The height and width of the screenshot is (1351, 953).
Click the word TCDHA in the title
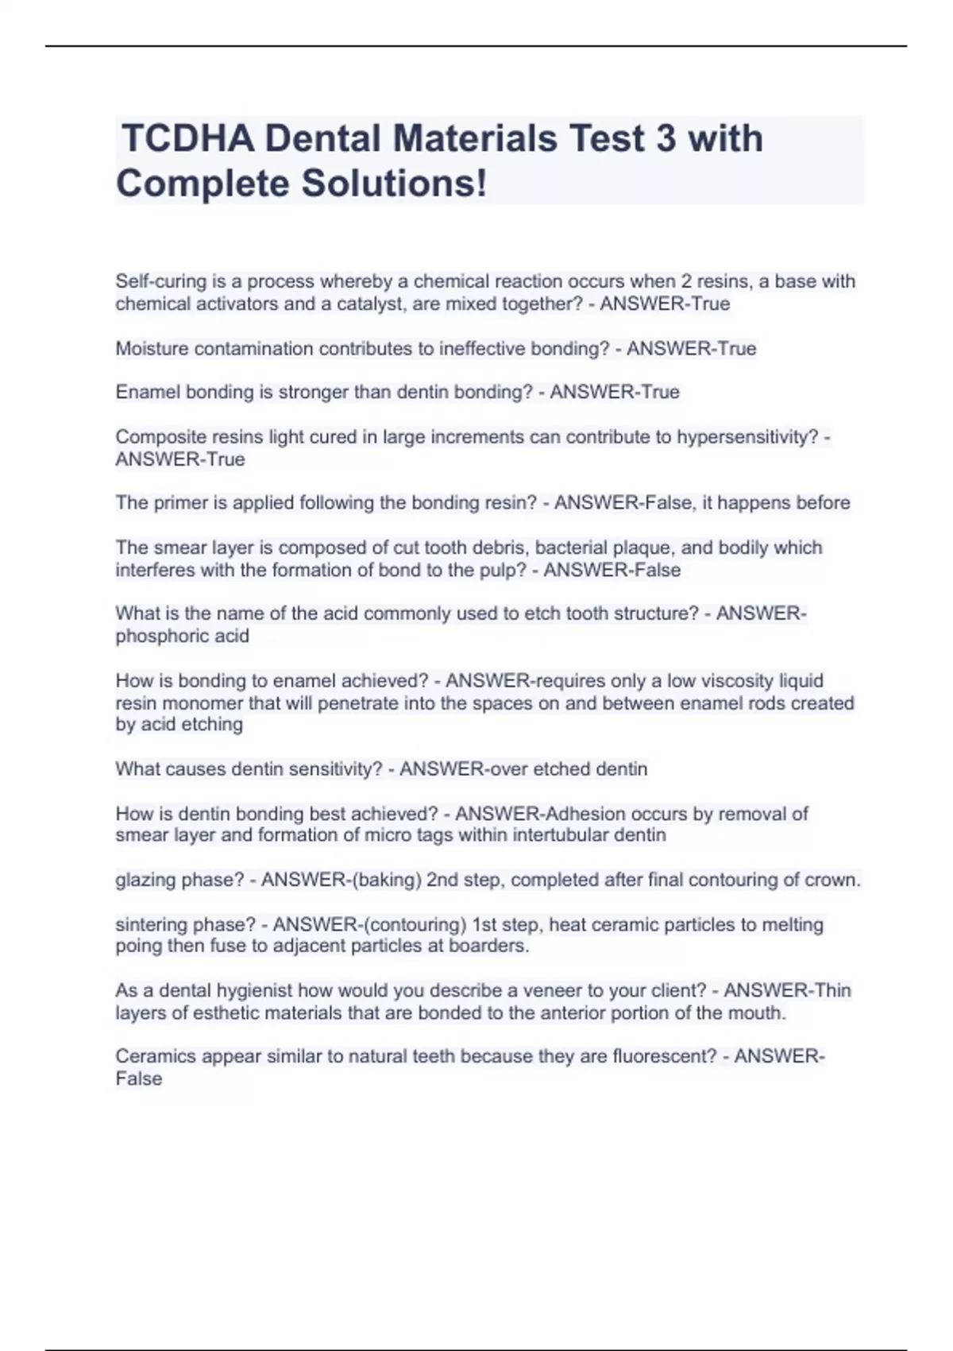click(x=188, y=138)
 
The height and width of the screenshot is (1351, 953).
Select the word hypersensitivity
click(x=747, y=436)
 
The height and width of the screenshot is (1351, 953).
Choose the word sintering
click(x=151, y=924)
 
